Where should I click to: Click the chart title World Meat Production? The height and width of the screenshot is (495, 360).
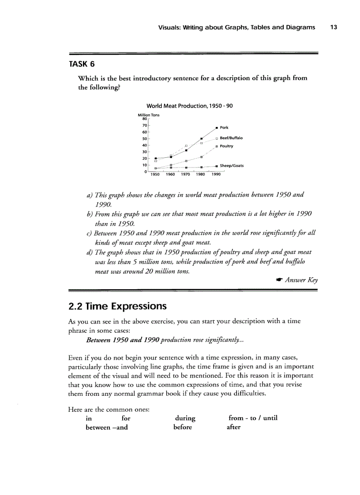pyautogui.click(x=189, y=106)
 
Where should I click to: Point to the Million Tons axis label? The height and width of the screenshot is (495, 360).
pyautogui.click(x=149, y=115)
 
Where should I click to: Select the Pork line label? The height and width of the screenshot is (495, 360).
pyautogui.click(x=224, y=127)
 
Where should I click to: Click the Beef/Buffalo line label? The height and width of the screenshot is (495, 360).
pyautogui.click(x=231, y=138)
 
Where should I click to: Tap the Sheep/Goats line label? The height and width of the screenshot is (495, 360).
pyautogui.click(x=232, y=166)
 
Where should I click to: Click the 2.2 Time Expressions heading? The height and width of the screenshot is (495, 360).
pyautogui.click(x=118, y=306)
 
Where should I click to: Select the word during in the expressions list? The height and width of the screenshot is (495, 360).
pyautogui.click(x=185, y=418)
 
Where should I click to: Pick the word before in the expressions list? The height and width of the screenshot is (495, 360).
pyautogui.click(x=183, y=427)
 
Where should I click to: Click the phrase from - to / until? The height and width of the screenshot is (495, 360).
pyautogui.click(x=253, y=418)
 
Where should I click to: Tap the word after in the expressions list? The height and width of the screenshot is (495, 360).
pyautogui.click(x=234, y=427)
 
